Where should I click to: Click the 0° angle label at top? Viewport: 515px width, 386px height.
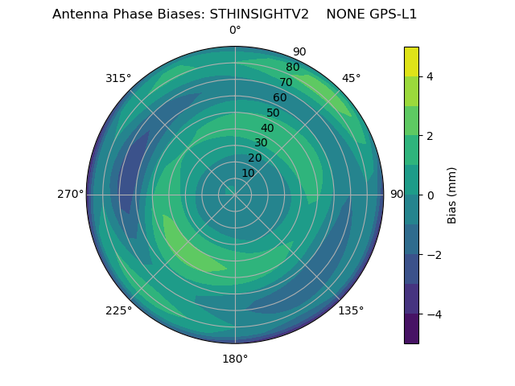235,31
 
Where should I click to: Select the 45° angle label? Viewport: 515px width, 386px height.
351,78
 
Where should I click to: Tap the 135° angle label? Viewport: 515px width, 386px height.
351,311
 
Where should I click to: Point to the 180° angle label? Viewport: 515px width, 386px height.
235,359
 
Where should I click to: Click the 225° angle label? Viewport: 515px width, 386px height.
118,311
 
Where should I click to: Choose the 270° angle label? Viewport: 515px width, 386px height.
70,195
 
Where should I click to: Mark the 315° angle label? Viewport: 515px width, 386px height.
118,78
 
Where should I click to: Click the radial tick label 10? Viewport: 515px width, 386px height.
248,173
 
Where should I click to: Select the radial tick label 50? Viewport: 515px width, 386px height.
273,113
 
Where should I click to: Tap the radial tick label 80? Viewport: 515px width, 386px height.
292,68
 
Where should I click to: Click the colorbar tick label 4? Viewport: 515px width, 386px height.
430,76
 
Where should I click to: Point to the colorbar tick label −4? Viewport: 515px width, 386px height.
433,314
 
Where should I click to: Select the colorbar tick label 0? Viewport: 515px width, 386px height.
430,195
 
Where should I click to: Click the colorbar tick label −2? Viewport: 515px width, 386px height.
433,255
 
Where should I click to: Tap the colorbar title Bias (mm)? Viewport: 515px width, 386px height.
452,195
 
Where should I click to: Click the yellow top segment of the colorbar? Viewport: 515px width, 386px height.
411,61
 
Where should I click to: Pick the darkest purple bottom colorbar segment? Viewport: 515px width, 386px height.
411,329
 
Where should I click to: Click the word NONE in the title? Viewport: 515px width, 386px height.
344,14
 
